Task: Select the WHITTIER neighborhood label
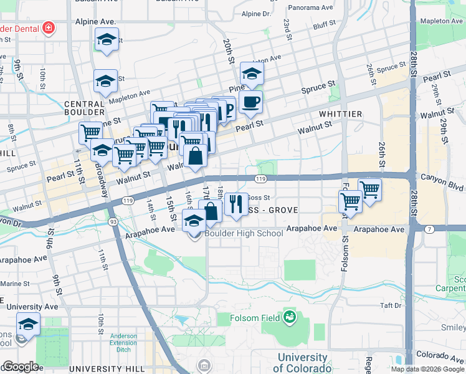[x=340, y=114]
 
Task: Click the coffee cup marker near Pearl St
[x=250, y=103]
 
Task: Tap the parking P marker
[x=228, y=110]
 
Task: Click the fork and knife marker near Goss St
[x=235, y=203]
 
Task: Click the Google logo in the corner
[x=20, y=367]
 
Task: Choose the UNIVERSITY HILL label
[x=105, y=369]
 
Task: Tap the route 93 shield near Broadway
[x=113, y=221]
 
